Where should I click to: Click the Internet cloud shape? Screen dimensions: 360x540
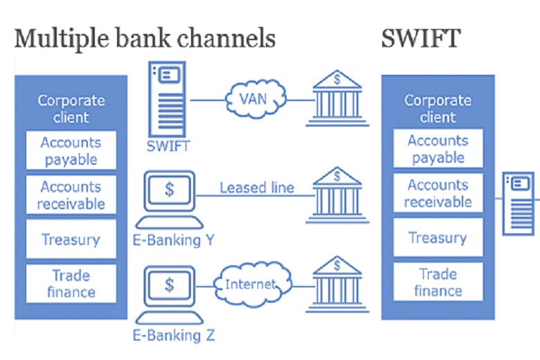click(x=251, y=284)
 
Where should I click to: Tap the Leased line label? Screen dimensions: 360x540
click(x=257, y=188)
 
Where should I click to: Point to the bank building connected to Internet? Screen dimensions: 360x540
click(x=337, y=284)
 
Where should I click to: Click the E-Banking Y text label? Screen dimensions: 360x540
click(x=174, y=241)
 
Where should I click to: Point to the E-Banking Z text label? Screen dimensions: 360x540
click(x=174, y=336)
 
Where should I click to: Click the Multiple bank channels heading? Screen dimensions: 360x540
click(x=145, y=37)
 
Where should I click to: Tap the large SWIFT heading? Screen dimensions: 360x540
click(x=420, y=37)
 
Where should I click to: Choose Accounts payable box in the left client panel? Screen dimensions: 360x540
click(x=71, y=151)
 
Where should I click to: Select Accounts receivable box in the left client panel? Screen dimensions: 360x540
click(x=71, y=195)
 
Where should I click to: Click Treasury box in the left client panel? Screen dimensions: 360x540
click(x=71, y=240)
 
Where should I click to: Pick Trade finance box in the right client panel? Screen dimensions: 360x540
click(x=438, y=282)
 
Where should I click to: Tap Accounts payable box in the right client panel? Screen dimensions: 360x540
click(x=438, y=149)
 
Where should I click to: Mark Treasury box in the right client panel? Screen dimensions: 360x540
click(x=438, y=237)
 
